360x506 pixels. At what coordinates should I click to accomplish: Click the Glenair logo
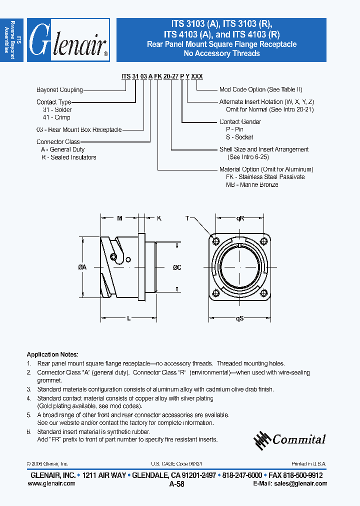[68, 40]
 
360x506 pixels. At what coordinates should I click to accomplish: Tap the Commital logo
[289, 439]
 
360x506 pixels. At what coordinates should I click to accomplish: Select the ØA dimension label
[82, 267]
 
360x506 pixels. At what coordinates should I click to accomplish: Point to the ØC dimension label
[177, 267]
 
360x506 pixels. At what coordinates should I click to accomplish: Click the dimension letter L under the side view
[128, 318]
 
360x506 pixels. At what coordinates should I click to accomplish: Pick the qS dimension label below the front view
[239, 318]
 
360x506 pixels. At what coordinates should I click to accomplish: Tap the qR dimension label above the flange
[240, 218]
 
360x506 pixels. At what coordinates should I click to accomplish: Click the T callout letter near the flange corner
[187, 218]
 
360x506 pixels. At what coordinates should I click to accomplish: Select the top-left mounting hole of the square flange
[215, 241]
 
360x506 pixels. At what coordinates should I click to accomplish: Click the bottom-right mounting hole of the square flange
[265, 292]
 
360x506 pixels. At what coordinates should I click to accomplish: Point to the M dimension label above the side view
[119, 218]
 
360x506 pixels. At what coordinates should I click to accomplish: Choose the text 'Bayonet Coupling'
[59, 90]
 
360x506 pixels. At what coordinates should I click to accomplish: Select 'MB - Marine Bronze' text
[252, 184]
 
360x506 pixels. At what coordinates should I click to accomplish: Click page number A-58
[177, 484]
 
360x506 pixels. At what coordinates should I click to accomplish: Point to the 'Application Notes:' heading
[52, 354]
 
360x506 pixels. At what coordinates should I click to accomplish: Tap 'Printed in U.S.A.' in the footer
[309, 464]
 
